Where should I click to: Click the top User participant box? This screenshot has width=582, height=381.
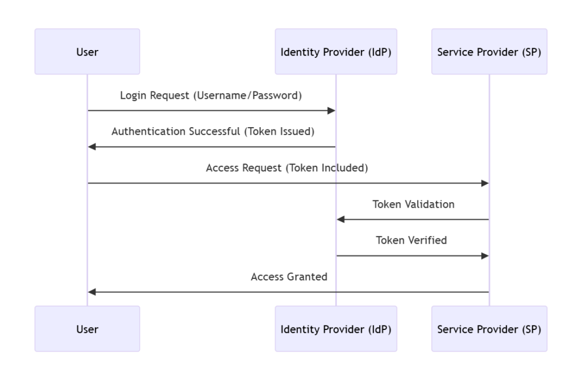point(87,52)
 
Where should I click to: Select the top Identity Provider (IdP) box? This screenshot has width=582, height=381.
point(336,52)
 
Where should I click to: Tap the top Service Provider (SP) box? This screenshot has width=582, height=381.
point(489,52)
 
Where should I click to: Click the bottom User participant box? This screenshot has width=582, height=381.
point(87,329)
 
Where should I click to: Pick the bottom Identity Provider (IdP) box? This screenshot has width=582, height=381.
point(336,329)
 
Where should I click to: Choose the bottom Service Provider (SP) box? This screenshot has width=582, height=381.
point(489,329)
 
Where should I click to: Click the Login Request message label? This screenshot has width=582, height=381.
point(211,95)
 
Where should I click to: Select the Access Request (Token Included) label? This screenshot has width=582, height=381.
point(287,168)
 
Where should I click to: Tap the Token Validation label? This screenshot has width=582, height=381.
point(413,204)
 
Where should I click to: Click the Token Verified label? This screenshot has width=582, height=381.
point(411,240)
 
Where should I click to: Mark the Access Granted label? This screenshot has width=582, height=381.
point(289,277)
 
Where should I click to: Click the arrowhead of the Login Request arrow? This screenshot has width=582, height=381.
point(331,111)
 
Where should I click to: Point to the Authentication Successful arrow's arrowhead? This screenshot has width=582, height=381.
point(92,147)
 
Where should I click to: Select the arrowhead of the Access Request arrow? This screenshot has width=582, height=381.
point(485,183)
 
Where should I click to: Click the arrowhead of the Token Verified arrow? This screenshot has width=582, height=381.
point(485,256)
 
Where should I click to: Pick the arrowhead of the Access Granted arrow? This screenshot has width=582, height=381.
point(92,292)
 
